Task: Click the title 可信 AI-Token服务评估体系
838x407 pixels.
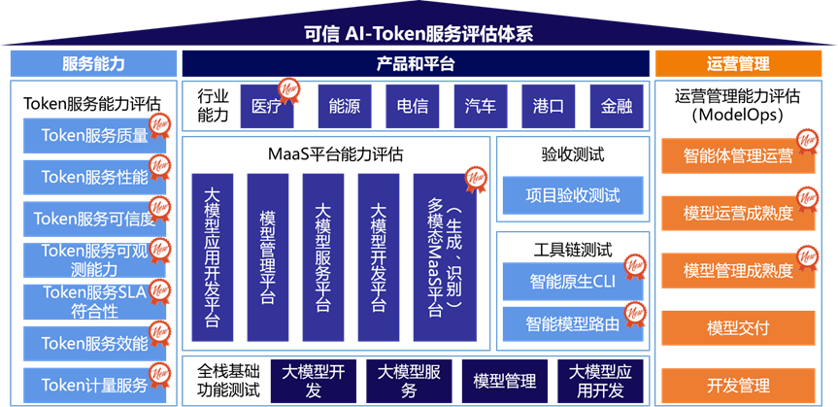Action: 419,34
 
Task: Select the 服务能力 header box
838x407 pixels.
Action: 93,64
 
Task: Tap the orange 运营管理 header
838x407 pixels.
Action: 739,64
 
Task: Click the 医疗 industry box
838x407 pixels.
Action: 266,107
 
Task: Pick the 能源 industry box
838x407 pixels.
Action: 344,107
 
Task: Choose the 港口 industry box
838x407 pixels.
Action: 549,107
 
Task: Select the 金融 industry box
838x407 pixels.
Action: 616,107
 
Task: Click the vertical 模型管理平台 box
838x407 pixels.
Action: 268,257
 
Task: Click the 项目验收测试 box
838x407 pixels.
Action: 572,195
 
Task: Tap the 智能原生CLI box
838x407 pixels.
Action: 572,283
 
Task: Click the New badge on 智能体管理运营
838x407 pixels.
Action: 807,141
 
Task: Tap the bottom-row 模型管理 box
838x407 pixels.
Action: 505,382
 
